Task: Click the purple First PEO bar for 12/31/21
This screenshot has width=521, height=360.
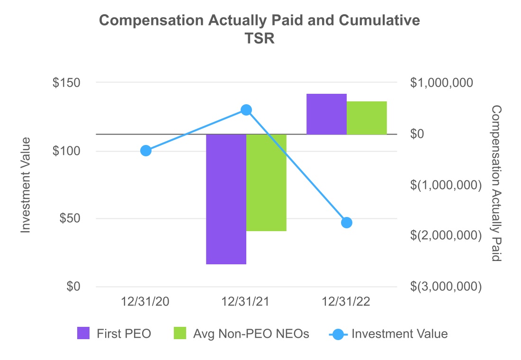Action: (226, 199)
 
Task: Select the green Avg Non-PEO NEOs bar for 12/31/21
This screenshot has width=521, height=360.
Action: (266, 182)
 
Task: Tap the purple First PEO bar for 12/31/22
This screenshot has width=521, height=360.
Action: (326, 114)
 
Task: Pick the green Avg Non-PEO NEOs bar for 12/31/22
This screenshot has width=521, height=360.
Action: (367, 118)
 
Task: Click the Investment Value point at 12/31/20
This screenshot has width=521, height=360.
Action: (146, 151)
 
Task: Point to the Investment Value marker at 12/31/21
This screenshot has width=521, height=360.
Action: (246, 110)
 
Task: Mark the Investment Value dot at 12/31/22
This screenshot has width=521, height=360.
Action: (346, 223)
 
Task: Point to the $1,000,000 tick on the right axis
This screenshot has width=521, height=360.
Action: (441, 83)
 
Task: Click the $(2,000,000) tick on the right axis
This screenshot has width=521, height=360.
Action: (445, 235)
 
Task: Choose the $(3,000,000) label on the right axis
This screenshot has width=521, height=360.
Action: (445, 287)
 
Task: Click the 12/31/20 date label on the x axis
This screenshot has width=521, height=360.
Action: (146, 303)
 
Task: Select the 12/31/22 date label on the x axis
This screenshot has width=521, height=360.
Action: (346, 303)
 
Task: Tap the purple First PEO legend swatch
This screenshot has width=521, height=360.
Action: (83, 333)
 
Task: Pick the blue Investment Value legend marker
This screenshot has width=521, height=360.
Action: (338, 334)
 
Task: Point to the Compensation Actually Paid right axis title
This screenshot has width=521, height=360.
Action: (496, 184)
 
